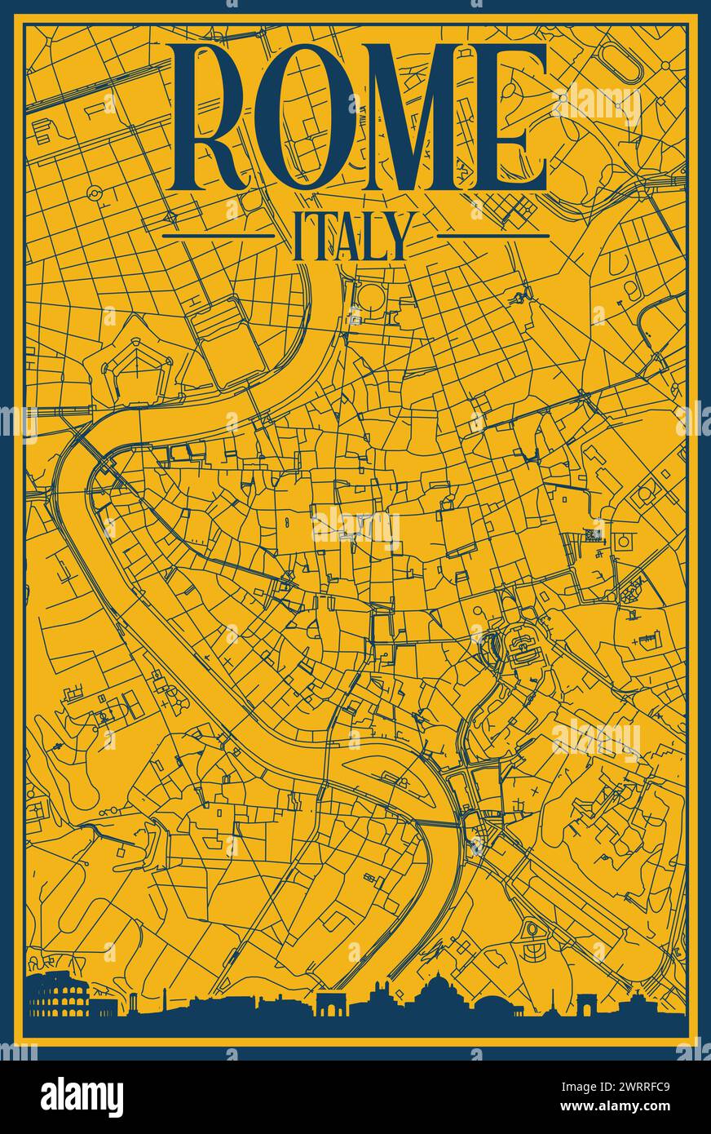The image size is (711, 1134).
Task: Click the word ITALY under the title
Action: (351, 236)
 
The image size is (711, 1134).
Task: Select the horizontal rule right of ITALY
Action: (493, 236)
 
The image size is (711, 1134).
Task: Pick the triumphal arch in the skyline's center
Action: (331, 1004)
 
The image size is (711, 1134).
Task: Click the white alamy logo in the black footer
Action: (82, 1097)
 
